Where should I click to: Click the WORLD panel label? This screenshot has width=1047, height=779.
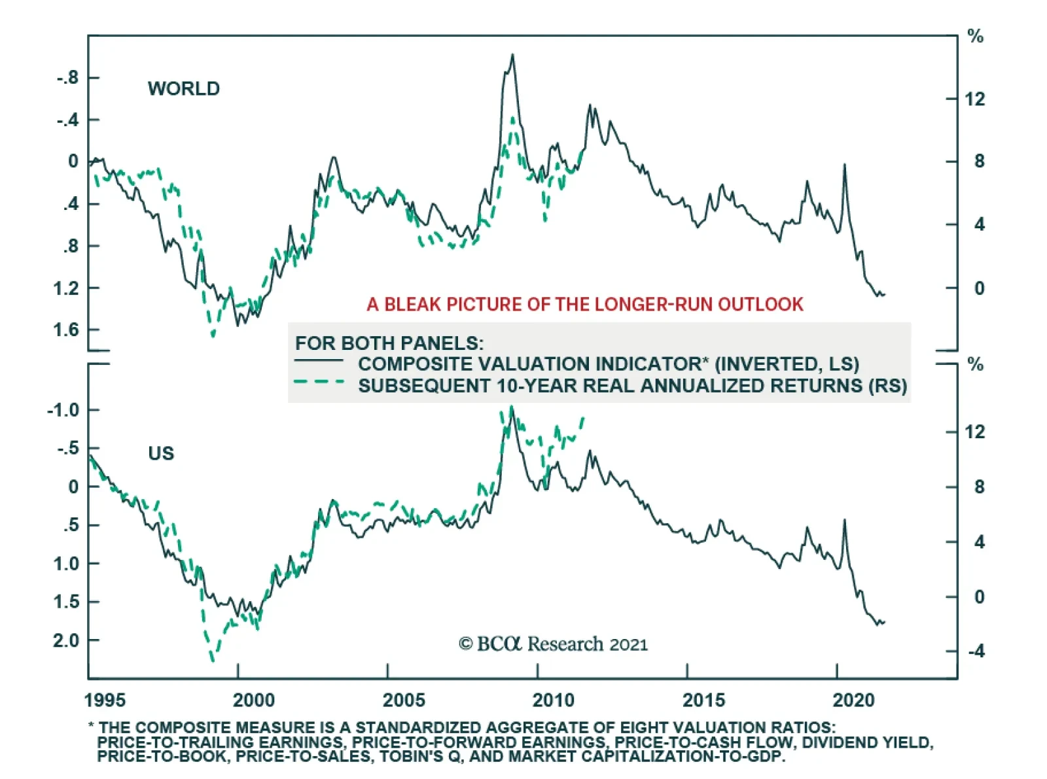pyautogui.click(x=183, y=88)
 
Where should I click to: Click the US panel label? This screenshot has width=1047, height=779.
pyautogui.click(x=161, y=453)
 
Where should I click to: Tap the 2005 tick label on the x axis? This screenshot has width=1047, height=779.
pyautogui.click(x=404, y=701)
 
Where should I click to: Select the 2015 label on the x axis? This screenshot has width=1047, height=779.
pyautogui.click(x=703, y=701)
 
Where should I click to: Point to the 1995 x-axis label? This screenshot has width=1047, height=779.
pyautogui.click(x=105, y=701)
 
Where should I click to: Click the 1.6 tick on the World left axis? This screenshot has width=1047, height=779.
pyautogui.click(x=66, y=330)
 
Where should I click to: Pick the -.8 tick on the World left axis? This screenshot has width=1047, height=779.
pyautogui.click(x=67, y=78)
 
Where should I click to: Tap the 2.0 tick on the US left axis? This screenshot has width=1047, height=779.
pyautogui.click(x=66, y=640)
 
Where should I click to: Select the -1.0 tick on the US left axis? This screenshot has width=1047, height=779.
pyautogui.click(x=63, y=410)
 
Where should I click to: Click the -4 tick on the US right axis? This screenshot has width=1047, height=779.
pyautogui.click(x=976, y=651)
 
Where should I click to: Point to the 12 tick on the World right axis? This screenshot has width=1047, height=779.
pyautogui.click(x=975, y=99)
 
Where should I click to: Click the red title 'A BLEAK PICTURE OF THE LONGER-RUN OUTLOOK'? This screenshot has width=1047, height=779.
pyautogui.click(x=584, y=304)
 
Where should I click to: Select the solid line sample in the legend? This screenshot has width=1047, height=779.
pyautogui.click(x=319, y=361)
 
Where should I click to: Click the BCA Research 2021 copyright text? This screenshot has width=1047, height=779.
pyautogui.click(x=553, y=644)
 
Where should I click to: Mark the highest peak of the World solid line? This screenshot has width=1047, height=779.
pyautogui.click(x=512, y=56)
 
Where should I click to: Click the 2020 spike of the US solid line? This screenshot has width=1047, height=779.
pyautogui.click(x=844, y=521)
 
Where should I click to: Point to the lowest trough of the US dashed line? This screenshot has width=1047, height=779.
pyautogui.click(x=212, y=660)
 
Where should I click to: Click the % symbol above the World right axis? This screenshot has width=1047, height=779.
pyautogui.click(x=975, y=37)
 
